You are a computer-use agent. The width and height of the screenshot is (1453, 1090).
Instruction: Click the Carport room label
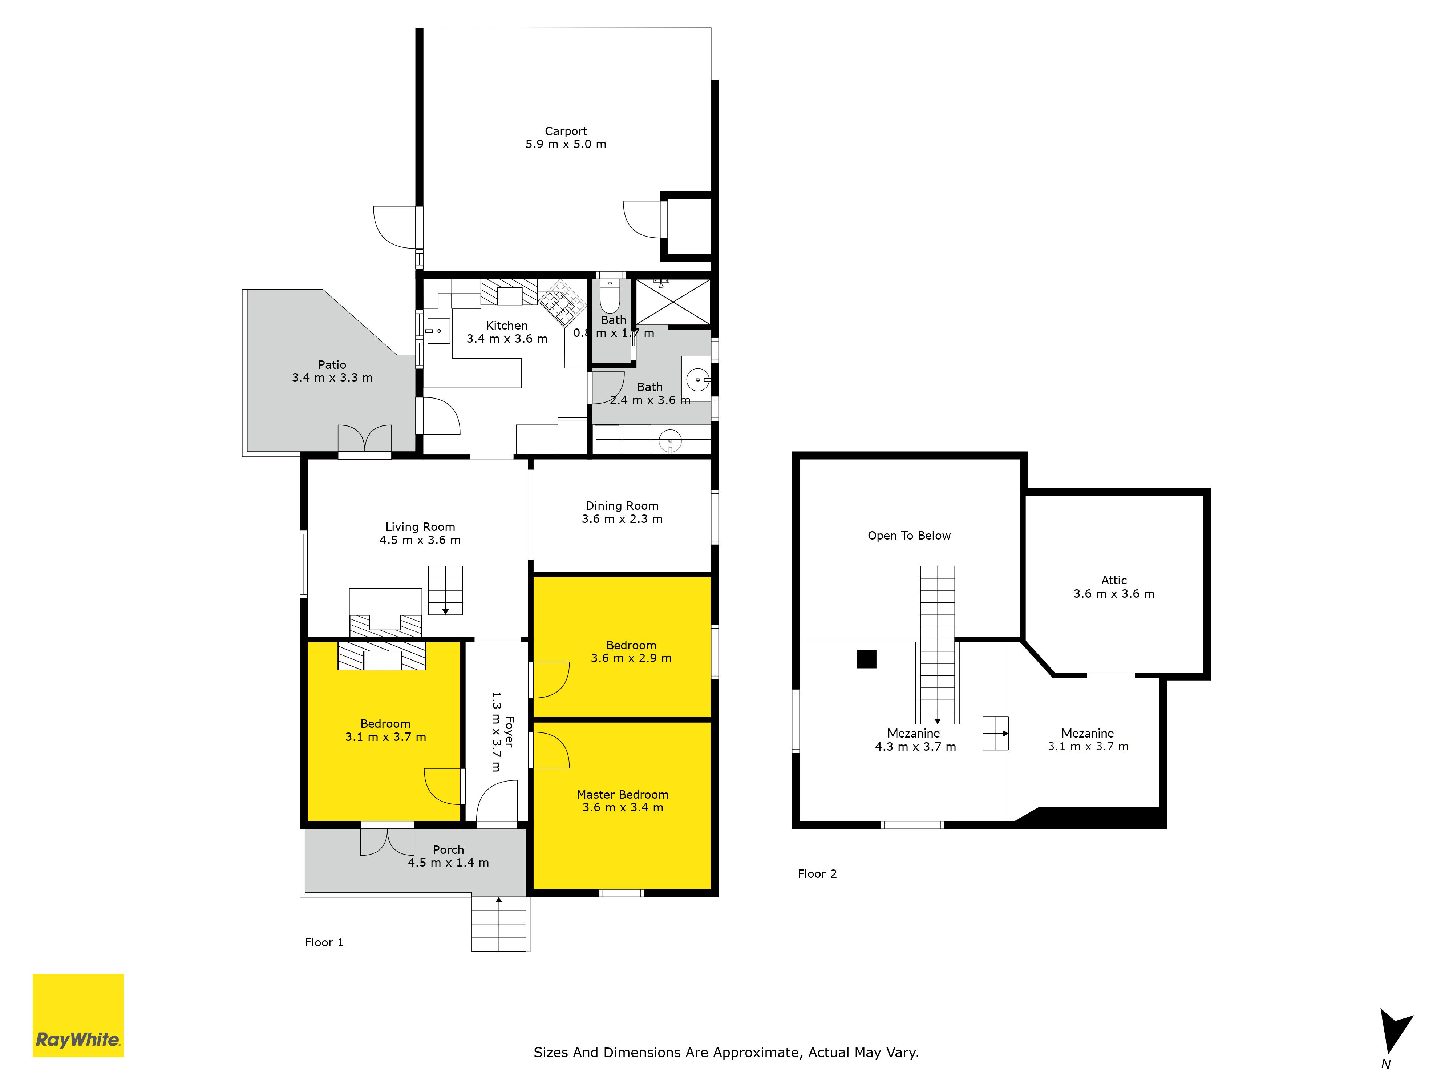(x=566, y=132)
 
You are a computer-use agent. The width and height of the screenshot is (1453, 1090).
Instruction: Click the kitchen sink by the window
(x=437, y=331)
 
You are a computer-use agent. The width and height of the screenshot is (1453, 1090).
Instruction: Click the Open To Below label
(x=908, y=536)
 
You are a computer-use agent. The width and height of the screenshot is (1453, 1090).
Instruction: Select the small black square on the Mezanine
(x=866, y=659)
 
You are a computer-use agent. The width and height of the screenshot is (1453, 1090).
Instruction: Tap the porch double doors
(x=387, y=841)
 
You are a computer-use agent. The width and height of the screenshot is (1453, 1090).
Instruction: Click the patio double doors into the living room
(x=365, y=439)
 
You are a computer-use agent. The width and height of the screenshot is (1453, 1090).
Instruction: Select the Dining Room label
(x=622, y=506)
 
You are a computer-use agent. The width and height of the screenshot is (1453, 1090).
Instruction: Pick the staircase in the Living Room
(x=445, y=590)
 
